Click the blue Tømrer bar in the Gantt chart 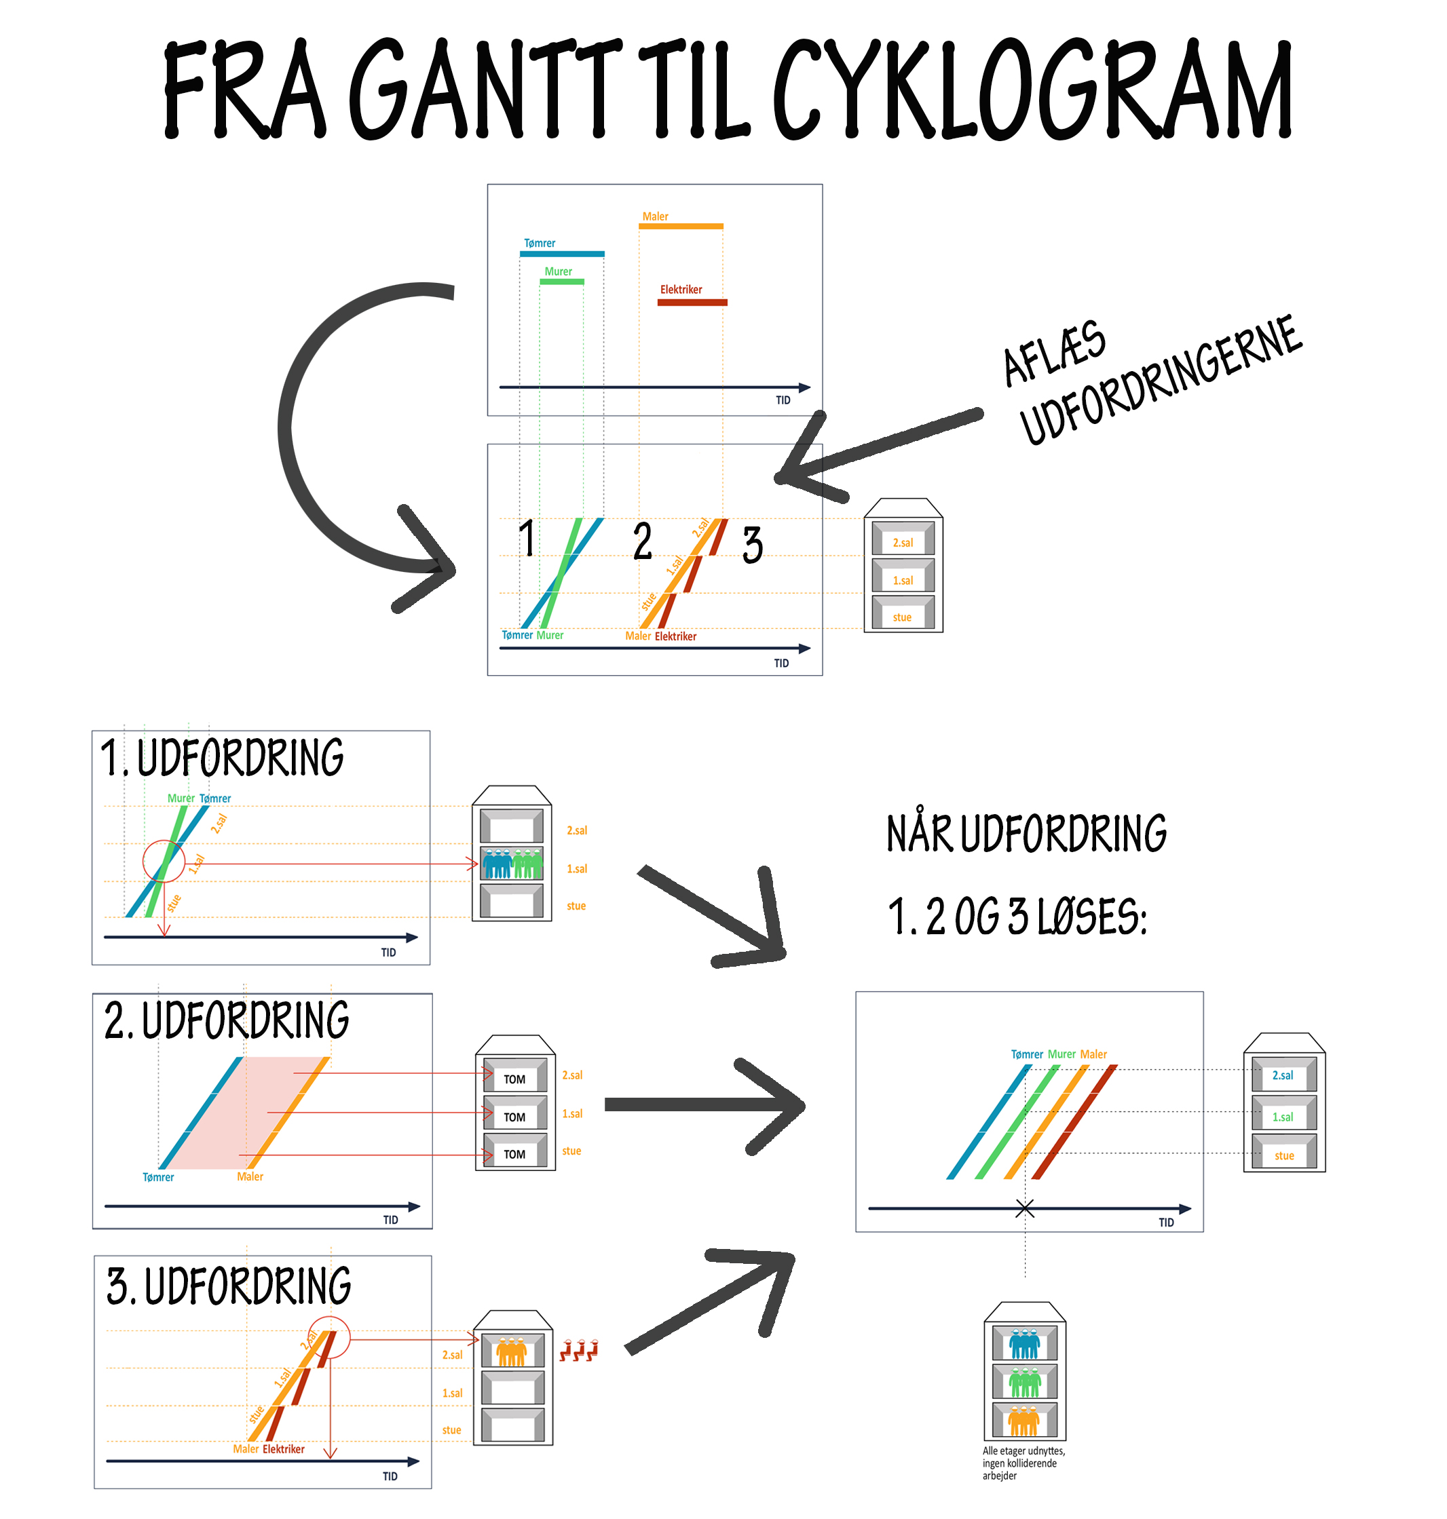(x=561, y=254)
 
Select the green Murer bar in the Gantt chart (x=561, y=282)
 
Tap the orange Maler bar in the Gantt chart (x=681, y=226)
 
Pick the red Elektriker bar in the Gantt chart (x=692, y=303)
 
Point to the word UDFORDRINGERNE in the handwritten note (x=1161, y=382)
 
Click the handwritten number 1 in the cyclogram (x=527, y=537)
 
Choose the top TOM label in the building (x=514, y=1079)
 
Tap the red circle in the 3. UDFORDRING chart (x=328, y=1338)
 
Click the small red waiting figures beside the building (x=578, y=1350)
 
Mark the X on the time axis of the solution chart (x=1024, y=1208)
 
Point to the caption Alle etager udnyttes (x=1023, y=1463)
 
